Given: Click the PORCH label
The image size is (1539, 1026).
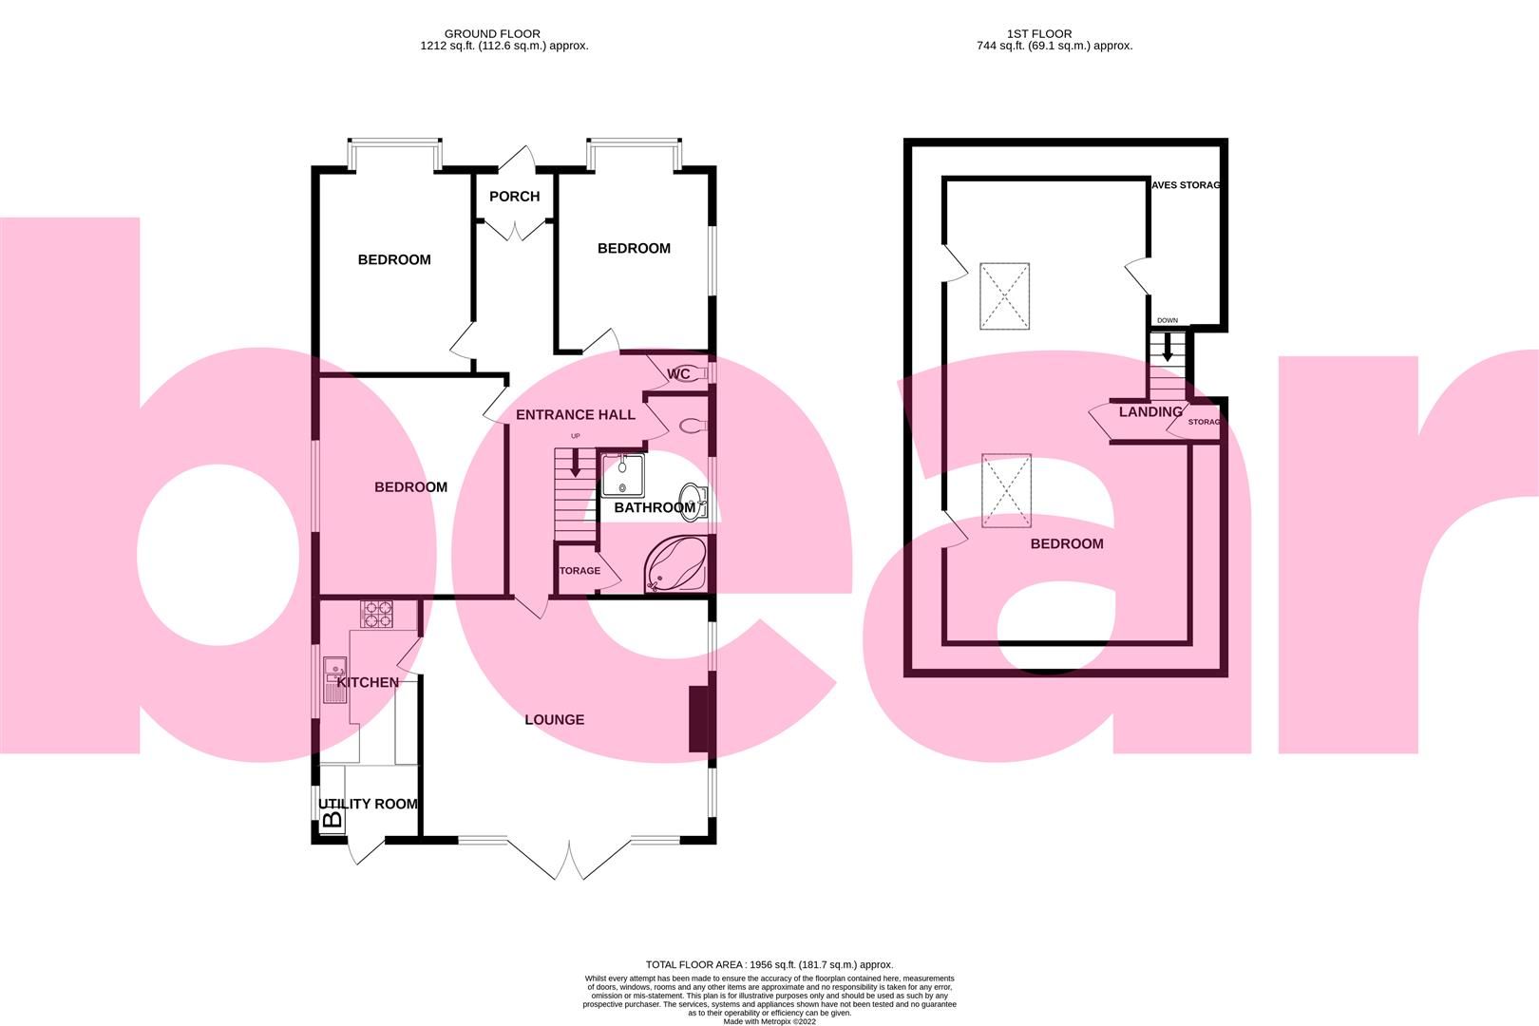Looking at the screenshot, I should pyautogui.click(x=514, y=197).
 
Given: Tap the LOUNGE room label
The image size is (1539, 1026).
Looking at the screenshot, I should pyautogui.click(x=554, y=720).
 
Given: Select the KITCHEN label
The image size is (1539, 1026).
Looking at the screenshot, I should pyautogui.click(x=369, y=682).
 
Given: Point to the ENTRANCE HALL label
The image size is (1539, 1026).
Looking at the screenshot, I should pyautogui.click(x=575, y=415).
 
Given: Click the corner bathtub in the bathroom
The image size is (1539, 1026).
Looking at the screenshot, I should pyautogui.click(x=675, y=566).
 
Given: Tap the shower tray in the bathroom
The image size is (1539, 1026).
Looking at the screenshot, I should pyautogui.click(x=622, y=474).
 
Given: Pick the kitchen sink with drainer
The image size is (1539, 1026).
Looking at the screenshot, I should pyautogui.click(x=335, y=680).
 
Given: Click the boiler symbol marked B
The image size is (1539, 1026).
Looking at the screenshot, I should pyautogui.click(x=332, y=818).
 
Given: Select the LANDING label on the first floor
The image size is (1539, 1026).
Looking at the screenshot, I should pyautogui.click(x=1150, y=412).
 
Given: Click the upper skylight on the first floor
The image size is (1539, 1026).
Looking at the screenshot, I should pyautogui.click(x=1005, y=296).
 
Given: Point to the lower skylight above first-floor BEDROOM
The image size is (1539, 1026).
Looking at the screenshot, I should pyautogui.click(x=1005, y=490).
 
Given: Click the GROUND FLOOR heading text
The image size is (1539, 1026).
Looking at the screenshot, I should pyautogui.click(x=492, y=33).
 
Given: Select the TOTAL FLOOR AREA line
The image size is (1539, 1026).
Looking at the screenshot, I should pyautogui.click(x=769, y=964).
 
